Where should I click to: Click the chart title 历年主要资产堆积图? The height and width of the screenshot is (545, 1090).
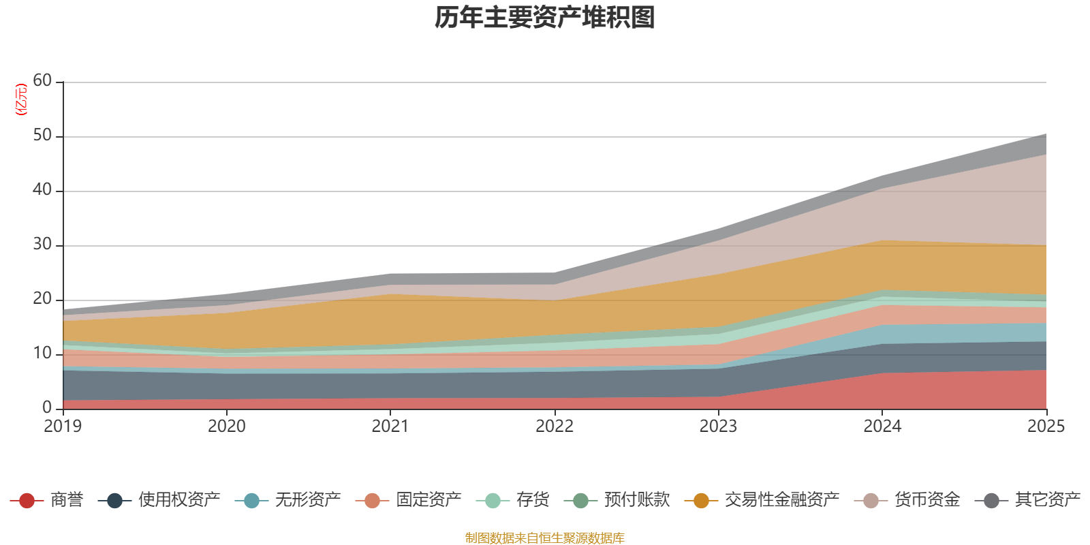pos(545,18)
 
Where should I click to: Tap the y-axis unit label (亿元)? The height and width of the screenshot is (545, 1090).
pos(21,99)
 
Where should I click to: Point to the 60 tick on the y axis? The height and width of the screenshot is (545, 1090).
pos(42,81)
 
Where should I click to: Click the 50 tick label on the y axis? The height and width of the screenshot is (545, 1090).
pos(42,136)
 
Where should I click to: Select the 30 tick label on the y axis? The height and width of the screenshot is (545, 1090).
pos(42,245)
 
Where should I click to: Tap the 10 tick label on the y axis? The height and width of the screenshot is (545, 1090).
pos(42,354)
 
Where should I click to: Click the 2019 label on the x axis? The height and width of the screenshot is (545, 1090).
pos(63,426)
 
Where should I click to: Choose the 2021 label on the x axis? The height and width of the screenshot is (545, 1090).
pos(390,426)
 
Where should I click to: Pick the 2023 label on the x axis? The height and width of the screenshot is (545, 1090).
pos(718,426)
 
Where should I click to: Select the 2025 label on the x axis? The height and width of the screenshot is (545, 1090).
pos(1045,426)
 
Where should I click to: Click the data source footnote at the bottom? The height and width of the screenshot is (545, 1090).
pos(545,538)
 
